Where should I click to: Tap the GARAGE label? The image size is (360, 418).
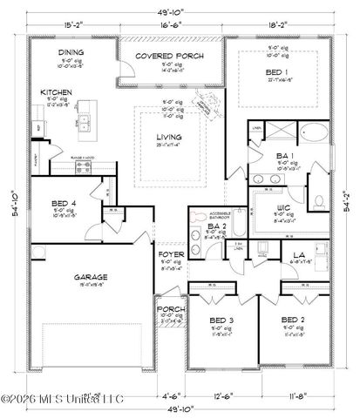tap(91, 275)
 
